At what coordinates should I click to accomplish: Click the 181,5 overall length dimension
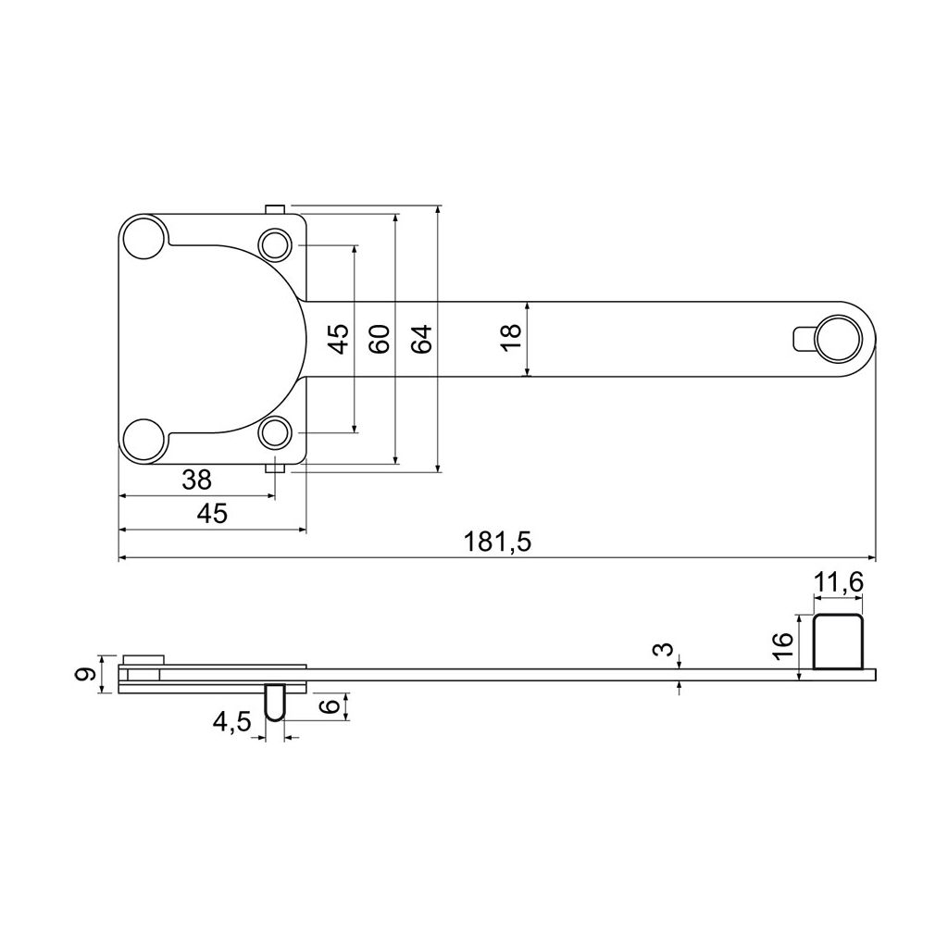click(497, 542)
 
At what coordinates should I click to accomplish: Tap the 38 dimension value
click(196, 480)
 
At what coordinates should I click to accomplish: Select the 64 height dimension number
click(422, 339)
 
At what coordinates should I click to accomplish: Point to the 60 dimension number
click(380, 339)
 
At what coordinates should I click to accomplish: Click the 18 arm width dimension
click(511, 337)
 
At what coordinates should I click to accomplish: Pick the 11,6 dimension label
click(838, 583)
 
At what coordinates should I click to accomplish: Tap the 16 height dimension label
click(783, 647)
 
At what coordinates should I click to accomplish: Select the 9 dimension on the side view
click(84, 674)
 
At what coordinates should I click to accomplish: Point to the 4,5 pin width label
click(231, 722)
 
